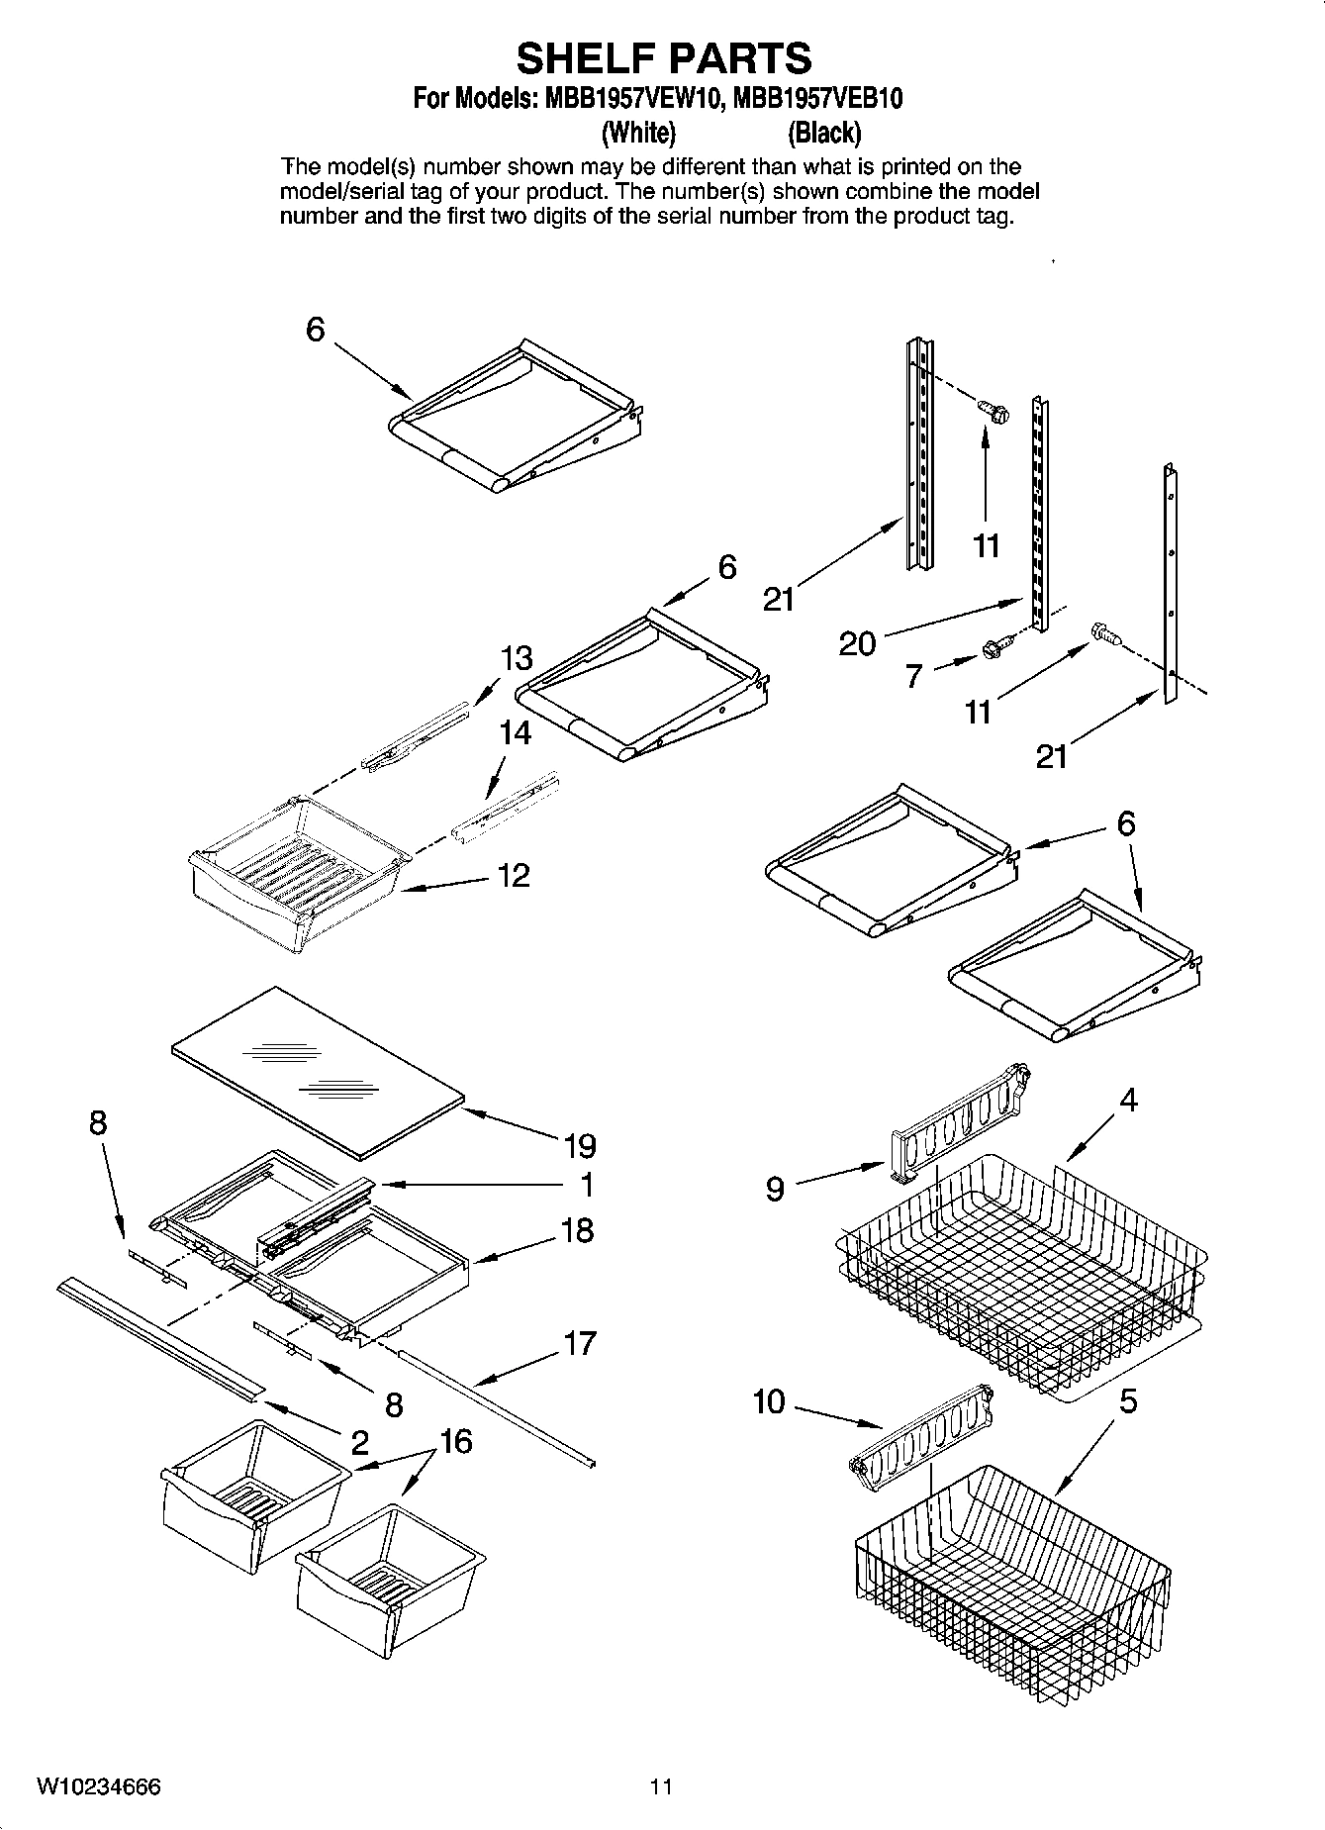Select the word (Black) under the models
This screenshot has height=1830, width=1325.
pyautogui.click(x=823, y=132)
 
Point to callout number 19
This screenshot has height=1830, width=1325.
pyautogui.click(x=580, y=1146)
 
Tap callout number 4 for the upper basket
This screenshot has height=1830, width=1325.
pyautogui.click(x=1128, y=1100)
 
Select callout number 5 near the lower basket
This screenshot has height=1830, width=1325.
pyautogui.click(x=1128, y=1401)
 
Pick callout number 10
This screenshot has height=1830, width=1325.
pyautogui.click(x=768, y=1401)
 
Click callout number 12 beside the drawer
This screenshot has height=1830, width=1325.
pyautogui.click(x=514, y=875)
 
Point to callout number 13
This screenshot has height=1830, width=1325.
pyautogui.click(x=517, y=658)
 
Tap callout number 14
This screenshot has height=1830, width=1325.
pyautogui.click(x=516, y=733)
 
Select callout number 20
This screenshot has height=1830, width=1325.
pyautogui.click(x=857, y=644)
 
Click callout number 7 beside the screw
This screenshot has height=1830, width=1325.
pyautogui.click(x=913, y=676)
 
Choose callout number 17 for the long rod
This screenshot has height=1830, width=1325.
pyautogui.click(x=580, y=1343)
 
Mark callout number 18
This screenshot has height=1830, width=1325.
pyautogui.click(x=577, y=1230)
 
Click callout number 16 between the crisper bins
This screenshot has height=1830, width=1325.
pyautogui.click(x=456, y=1442)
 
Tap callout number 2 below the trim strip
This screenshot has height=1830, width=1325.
pyautogui.click(x=359, y=1442)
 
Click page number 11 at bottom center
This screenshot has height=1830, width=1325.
pyautogui.click(x=661, y=1787)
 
